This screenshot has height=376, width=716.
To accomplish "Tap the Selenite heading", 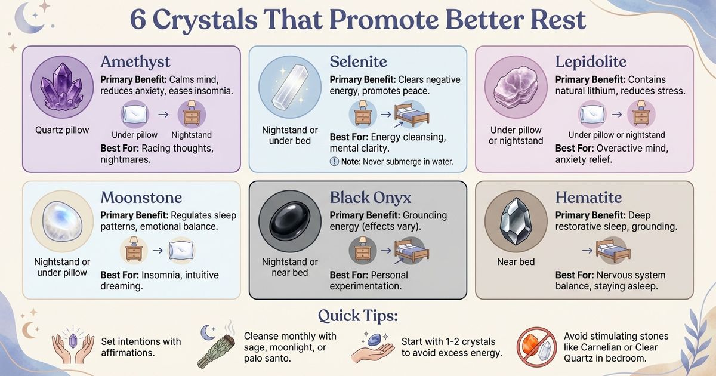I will coord(358,61).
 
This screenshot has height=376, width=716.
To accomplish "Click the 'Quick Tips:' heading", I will coord(358,315).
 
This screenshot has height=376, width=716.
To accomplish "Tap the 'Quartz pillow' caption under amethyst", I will coord(61,130).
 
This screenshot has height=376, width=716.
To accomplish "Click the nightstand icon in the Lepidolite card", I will coord(641,113).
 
